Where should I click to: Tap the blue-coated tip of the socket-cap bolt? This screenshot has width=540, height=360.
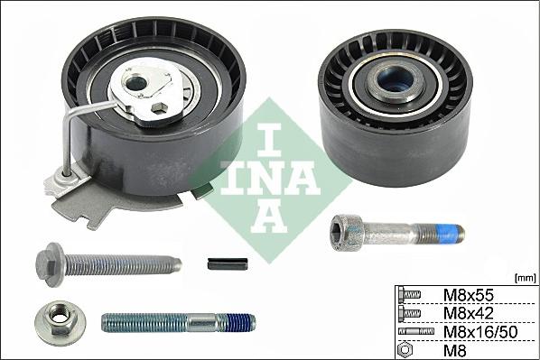tap(452, 234)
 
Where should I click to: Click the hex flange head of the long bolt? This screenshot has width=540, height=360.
tap(51, 263)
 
